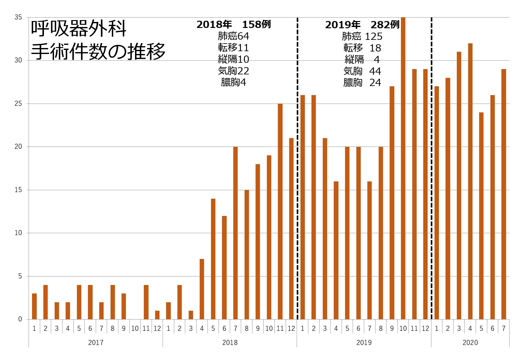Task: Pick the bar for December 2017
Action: click(157, 315)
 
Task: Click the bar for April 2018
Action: click(202, 289)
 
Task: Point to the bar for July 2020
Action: click(504, 194)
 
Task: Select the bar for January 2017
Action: click(34, 306)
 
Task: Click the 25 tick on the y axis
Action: click(18, 104)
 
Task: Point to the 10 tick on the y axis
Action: click(18, 233)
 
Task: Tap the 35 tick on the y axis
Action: click(18, 17)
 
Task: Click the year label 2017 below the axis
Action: click(96, 342)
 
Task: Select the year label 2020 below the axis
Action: click(470, 342)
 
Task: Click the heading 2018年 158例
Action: click(234, 24)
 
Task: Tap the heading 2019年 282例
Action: click(362, 25)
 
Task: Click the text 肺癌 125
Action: click(362, 36)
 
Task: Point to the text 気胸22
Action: click(234, 71)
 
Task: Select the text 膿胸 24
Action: click(362, 83)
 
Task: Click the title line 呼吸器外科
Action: click(79, 29)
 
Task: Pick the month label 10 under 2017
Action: click(135, 328)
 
